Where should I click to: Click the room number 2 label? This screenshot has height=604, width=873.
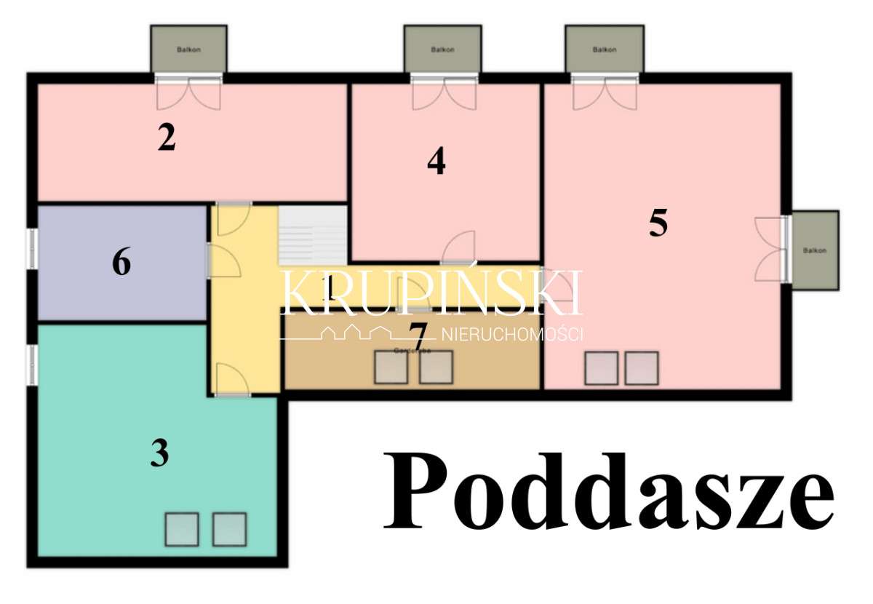tap(167, 138)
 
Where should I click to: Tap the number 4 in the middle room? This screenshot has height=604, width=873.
tap(436, 162)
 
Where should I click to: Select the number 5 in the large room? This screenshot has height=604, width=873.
tap(658, 223)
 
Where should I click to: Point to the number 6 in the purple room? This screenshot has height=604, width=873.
tap(121, 263)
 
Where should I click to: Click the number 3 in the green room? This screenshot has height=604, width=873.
tap(159, 453)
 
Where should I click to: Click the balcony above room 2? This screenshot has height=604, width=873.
tap(188, 49)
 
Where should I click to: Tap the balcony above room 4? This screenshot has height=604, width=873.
tap(442, 49)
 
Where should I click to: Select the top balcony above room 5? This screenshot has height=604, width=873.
tap(604, 49)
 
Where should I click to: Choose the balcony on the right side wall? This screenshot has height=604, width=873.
tap(814, 250)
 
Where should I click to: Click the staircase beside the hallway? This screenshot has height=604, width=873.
tap(313, 236)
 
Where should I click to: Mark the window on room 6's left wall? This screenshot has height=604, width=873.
tap(32, 249)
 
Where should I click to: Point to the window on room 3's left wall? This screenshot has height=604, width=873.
tap(32, 364)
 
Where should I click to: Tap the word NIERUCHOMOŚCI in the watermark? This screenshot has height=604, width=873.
tap(512, 335)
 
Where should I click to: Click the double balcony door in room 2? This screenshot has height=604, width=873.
tap(188, 93)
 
